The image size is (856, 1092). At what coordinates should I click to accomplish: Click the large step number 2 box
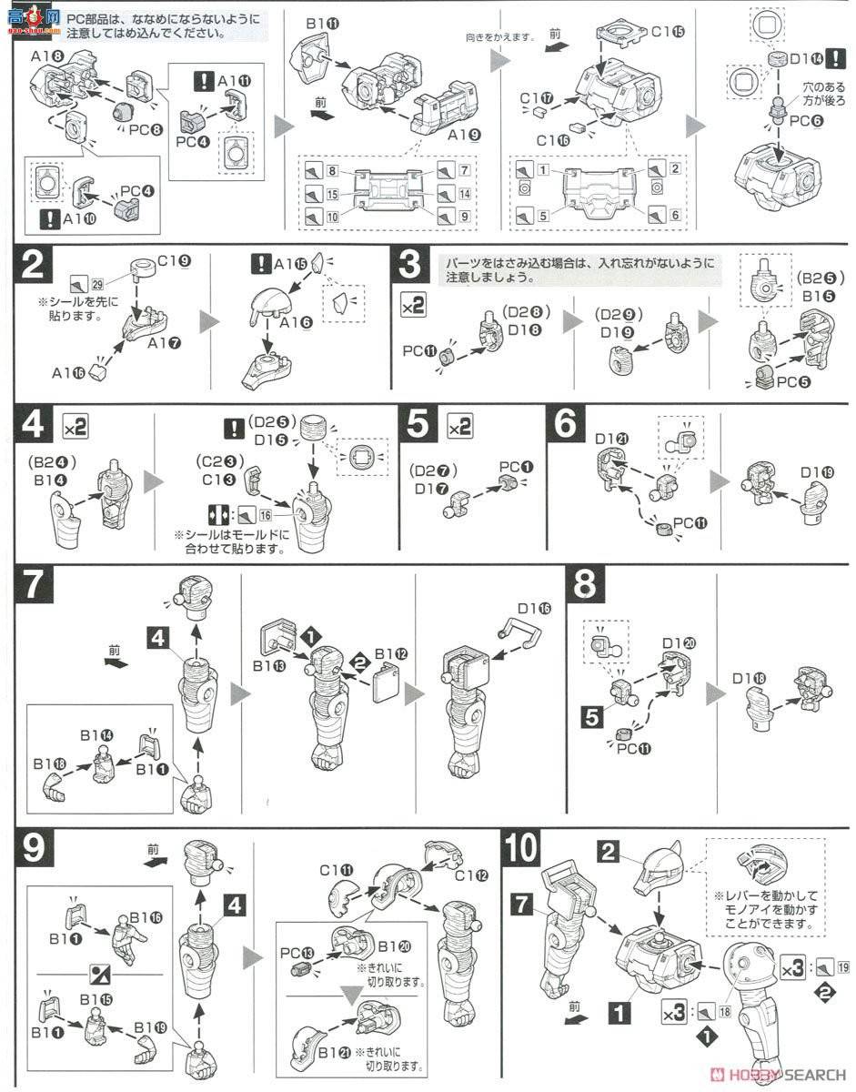[32, 268]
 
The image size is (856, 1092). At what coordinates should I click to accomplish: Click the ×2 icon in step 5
[459, 426]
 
